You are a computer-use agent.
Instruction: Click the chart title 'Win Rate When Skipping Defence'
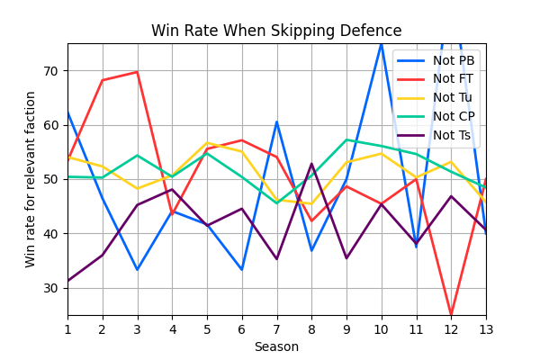(x=276, y=31)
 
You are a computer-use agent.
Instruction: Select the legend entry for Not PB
(x=454, y=60)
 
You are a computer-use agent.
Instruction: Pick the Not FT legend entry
(x=453, y=79)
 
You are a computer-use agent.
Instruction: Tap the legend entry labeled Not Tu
(x=453, y=97)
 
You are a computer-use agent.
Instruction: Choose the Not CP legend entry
(x=454, y=116)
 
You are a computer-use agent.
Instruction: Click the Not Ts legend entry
(x=452, y=135)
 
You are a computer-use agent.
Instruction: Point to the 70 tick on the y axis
(x=51, y=71)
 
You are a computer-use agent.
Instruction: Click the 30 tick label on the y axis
(x=51, y=288)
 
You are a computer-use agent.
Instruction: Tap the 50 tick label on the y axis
(x=51, y=179)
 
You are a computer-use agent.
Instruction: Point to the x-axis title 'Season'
(x=276, y=346)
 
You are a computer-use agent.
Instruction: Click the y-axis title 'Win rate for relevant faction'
(x=31, y=179)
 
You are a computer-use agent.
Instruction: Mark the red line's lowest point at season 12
(x=451, y=314)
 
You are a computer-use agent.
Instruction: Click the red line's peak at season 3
(x=137, y=72)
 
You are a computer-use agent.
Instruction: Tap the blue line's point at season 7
(x=276, y=121)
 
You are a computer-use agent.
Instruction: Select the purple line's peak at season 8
(x=311, y=164)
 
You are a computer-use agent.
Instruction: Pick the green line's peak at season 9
(x=346, y=139)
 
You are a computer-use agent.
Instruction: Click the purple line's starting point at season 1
(x=67, y=281)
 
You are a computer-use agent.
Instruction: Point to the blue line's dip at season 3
(x=137, y=270)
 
